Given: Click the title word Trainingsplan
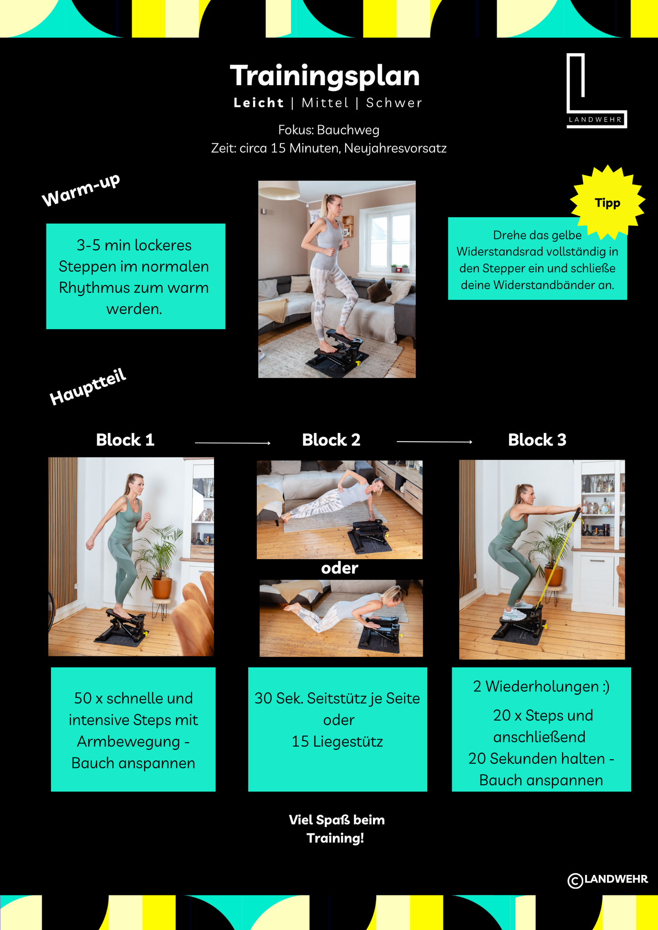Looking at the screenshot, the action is pyautogui.click(x=325, y=76).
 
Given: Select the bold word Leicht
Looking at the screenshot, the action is pyautogui.click(x=259, y=103).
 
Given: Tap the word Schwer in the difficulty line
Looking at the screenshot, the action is pyautogui.click(x=394, y=103).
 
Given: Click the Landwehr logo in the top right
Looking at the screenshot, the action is pyautogui.click(x=597, y=91).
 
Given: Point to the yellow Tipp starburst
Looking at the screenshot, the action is pyautogui.click(x=607, y=203).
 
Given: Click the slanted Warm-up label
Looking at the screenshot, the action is pyautogui.click(x=81, y=190).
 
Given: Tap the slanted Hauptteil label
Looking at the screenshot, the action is pyautogui.click(x=87, y=387).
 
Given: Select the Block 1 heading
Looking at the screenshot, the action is pyautogui.click(x=125, y=440).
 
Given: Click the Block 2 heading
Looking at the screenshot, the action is pyautogui.click(x=331, y=440).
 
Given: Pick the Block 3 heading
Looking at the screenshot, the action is pyautogui.click(x=537, y=440).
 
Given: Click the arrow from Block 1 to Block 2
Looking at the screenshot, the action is pyautogui.click(x=233, y=442).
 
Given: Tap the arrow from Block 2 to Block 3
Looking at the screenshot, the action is pyautogui.click(x=434, y=442).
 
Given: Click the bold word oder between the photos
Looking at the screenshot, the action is pyautogui.click(x=340, y=568).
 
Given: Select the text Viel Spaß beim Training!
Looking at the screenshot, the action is pyautogui.click(x=337, y=829).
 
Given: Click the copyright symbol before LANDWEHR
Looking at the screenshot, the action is pyautogui.click(x=576, y=880).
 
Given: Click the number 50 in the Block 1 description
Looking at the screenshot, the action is pyautogui.click(x=83, y=698).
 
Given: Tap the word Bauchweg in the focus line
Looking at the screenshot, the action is pyautogui.click(x=348, y=130).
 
